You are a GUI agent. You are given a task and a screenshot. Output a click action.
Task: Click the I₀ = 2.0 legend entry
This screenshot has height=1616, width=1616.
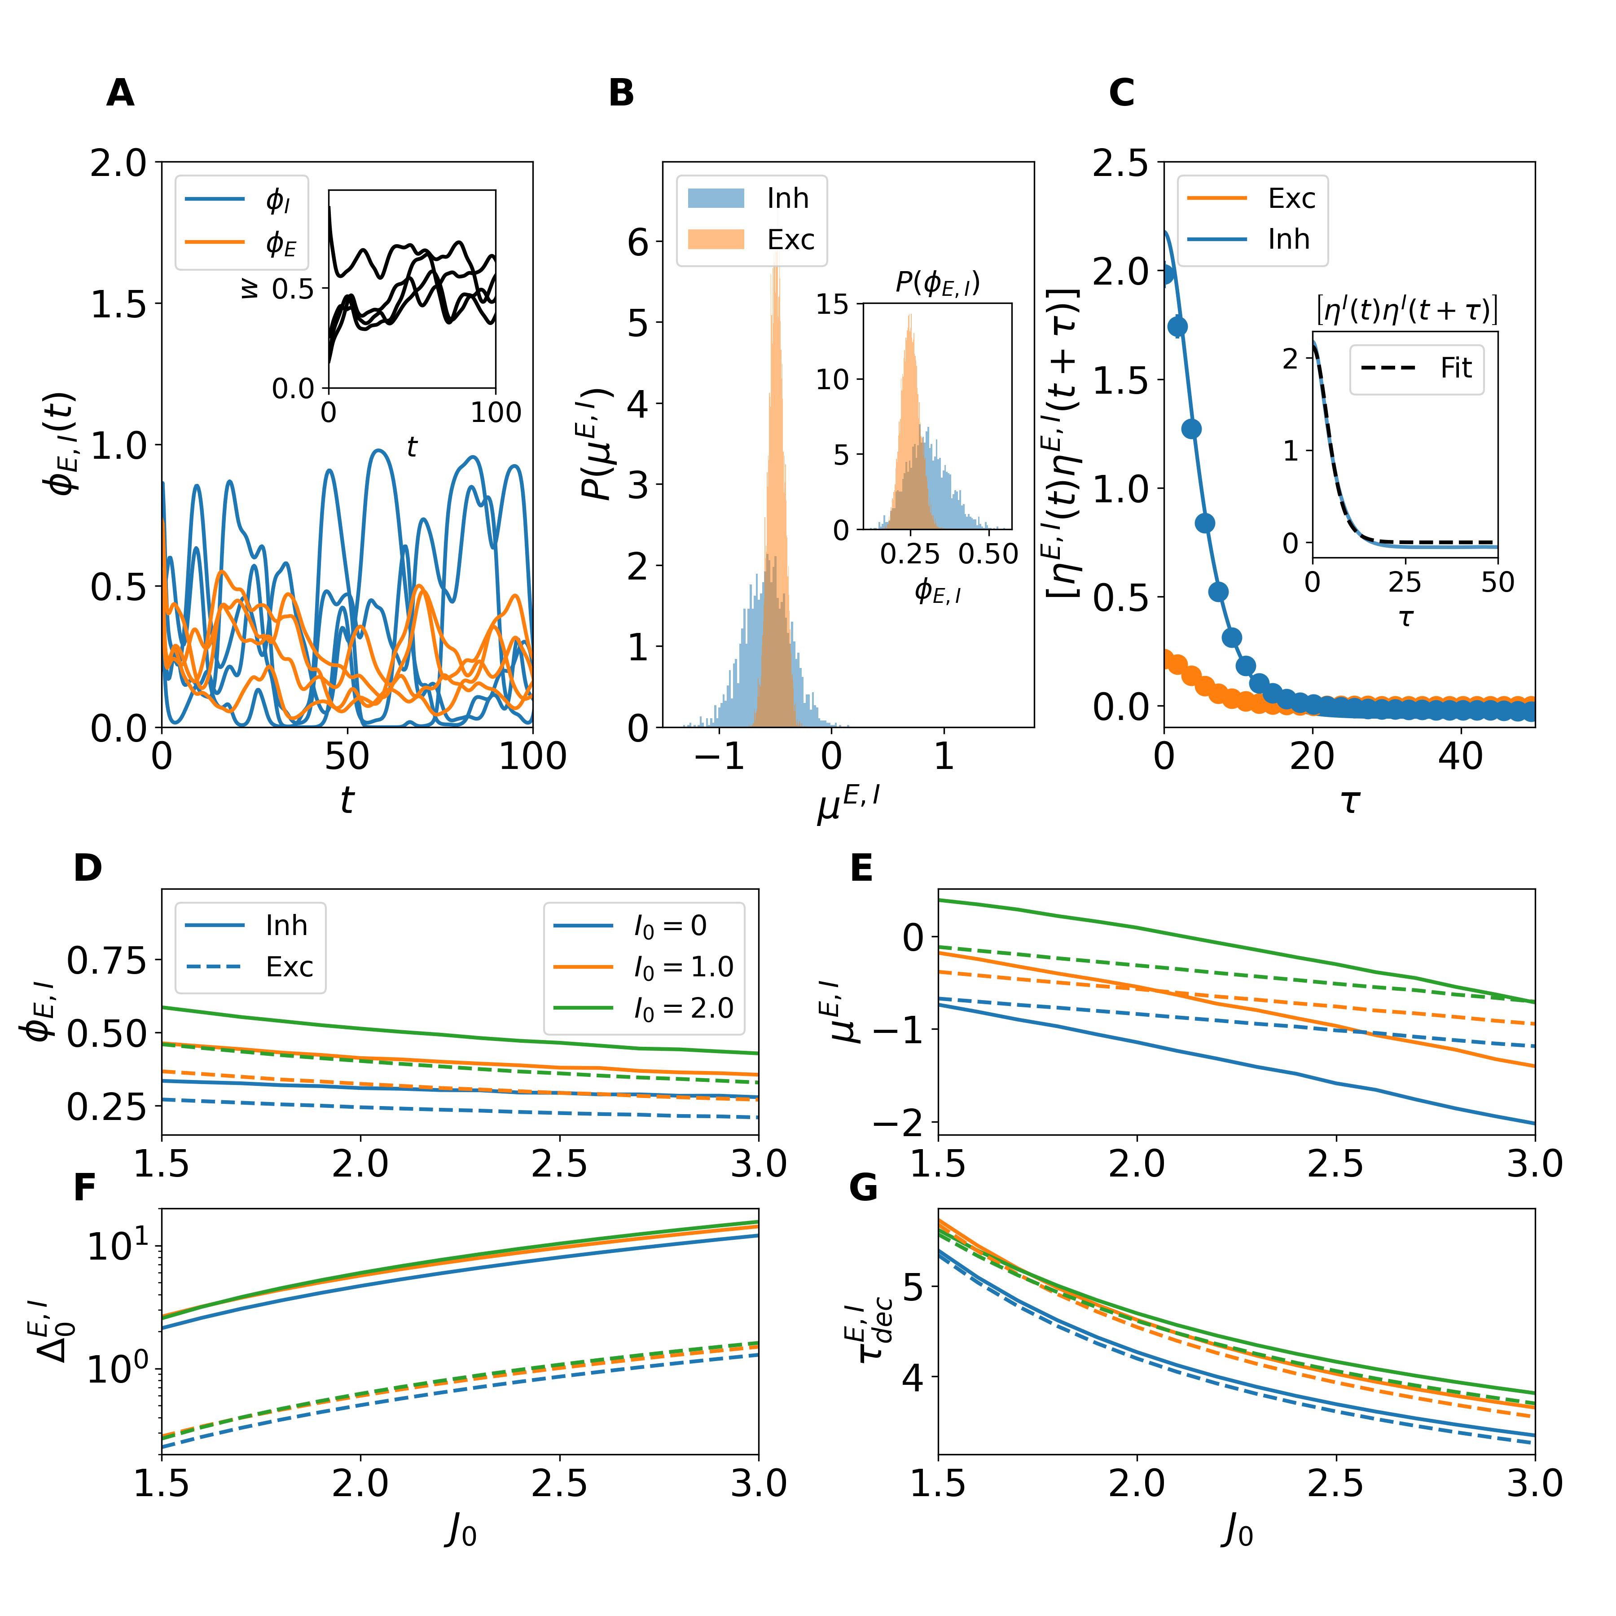pyautogui.click(x=644, y=1008)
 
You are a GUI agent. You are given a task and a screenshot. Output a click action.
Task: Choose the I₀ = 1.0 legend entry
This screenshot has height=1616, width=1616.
pyautogui.click(x=644, y=967)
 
